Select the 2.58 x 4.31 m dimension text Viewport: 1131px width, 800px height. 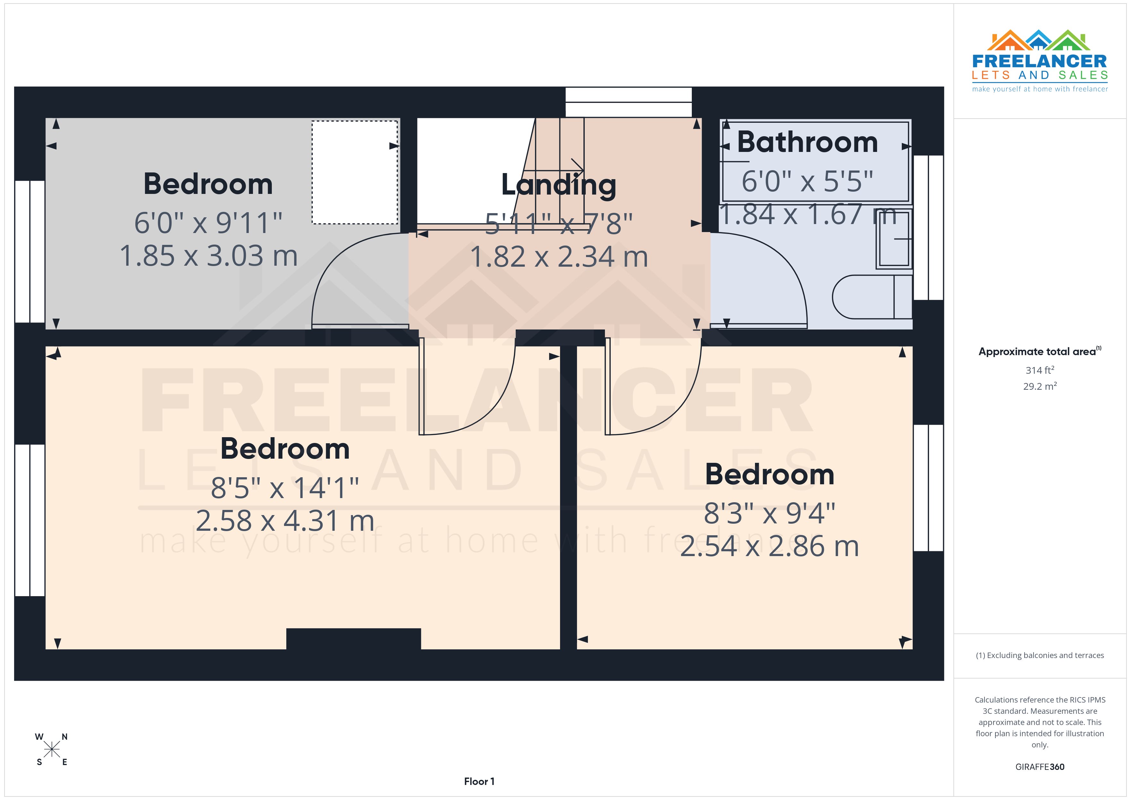tap(285, 521)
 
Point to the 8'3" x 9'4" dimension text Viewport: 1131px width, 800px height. tap(769, 513)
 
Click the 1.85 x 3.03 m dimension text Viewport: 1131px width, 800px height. tap(208, 256)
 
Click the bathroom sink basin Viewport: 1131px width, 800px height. tap(893, 239)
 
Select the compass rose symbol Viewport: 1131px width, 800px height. tap(51, 750)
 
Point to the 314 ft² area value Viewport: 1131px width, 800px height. tap(1039, 370)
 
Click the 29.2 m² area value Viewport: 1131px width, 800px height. tap(1039, 386)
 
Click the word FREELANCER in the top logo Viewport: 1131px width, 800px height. tap(1039, 62)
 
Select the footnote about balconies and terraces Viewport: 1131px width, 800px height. tap(1039, 655)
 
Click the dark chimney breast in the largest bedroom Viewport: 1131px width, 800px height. tap(353, 638)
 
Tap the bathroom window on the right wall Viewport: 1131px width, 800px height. tap(928, 228)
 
